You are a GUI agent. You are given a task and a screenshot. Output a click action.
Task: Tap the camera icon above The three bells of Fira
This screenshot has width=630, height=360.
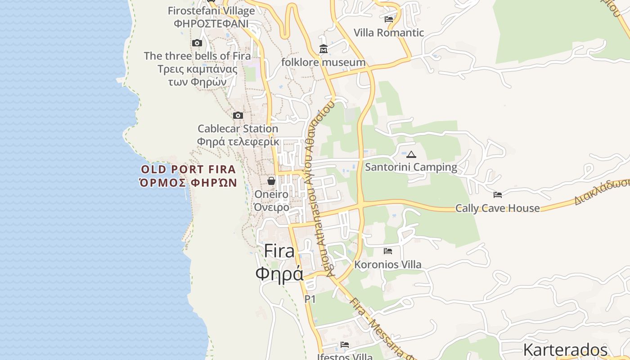tap(197, 43)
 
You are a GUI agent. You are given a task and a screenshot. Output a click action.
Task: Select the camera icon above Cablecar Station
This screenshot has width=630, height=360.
tap(238, 116)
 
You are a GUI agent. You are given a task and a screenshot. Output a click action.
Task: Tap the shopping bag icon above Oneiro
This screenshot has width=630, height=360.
tap(271, 181)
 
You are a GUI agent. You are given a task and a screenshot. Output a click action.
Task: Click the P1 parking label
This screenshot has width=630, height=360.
tap(310, 299)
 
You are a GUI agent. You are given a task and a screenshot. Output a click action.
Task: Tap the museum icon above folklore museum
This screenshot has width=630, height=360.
tap(323, 49)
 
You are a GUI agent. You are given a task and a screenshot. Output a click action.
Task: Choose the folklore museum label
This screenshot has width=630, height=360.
tap(323, 62)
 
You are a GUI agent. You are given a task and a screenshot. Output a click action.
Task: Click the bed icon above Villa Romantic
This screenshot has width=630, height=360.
tap(389, 19)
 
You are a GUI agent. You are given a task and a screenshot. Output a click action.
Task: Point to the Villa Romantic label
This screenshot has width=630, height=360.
tap(389, 32)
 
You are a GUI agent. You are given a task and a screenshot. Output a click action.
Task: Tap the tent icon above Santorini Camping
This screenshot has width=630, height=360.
tap(411, 154)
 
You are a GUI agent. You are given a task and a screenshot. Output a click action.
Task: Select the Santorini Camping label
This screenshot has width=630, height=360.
tap(411, 167)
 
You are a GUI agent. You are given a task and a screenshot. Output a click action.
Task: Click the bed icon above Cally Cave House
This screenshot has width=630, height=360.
tap(497, 195)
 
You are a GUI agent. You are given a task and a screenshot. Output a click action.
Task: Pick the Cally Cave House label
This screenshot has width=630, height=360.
tap(497, 208)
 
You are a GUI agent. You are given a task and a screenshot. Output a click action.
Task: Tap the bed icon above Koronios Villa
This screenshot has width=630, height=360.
tap(388, 251)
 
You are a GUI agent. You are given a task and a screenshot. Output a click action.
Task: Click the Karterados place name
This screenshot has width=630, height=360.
tap(565, 350)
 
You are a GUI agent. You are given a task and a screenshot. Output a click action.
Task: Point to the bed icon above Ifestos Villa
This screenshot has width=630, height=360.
tap(345, 345)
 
